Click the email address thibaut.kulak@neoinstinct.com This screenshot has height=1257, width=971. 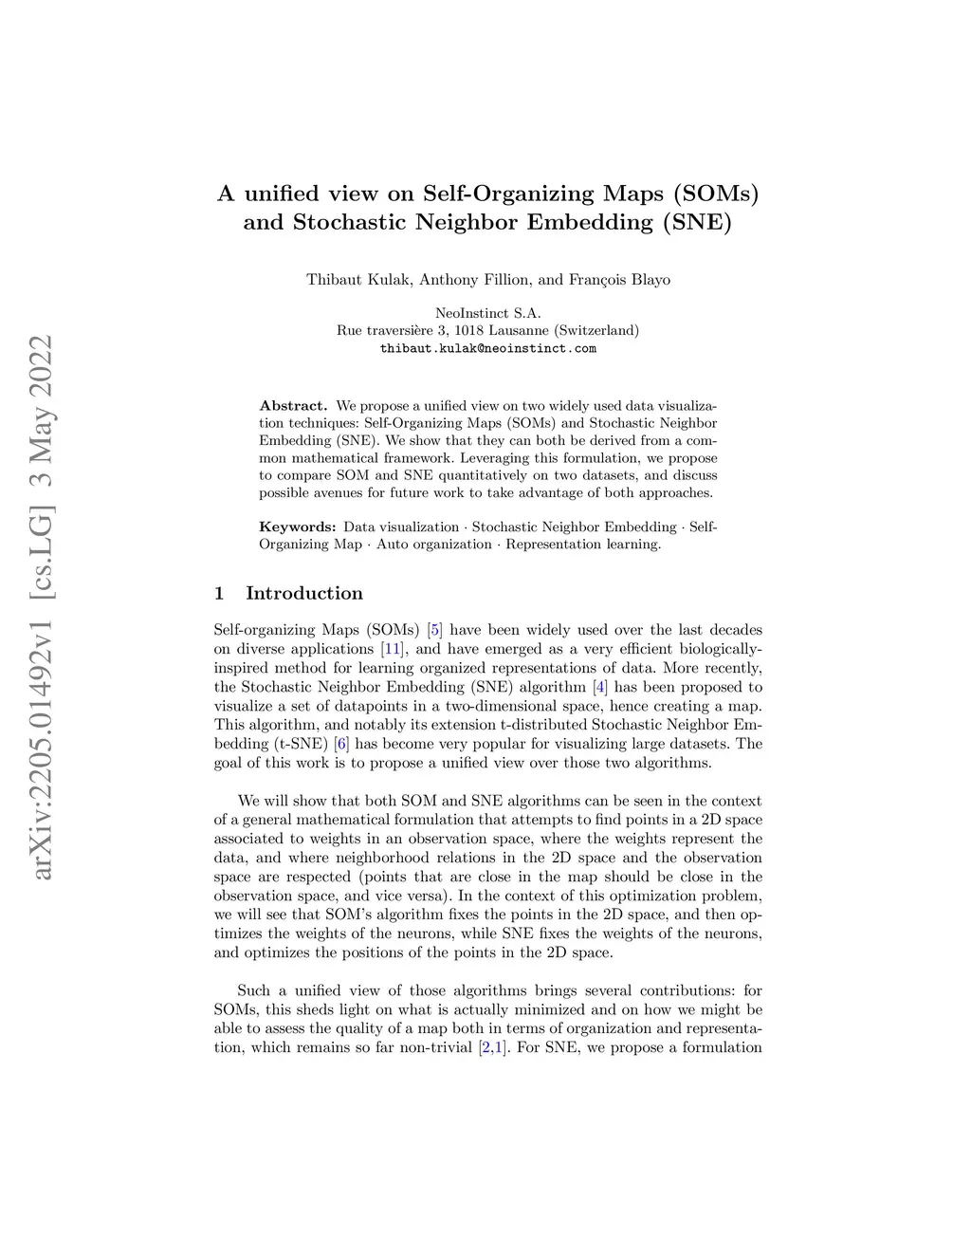[487, 348]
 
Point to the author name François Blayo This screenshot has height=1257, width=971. [619, 279]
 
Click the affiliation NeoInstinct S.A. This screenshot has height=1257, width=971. [487, 313]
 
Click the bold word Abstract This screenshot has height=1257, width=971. [293, 406]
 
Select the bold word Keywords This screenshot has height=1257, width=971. [298, 527]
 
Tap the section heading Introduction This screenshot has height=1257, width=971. [304, 593]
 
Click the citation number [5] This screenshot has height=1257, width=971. [435, 630]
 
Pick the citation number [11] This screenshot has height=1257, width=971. [391, 649]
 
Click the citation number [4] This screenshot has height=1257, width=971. [599, 687]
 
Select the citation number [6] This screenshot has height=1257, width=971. [341, 744]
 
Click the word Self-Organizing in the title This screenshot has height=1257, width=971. [508, 194]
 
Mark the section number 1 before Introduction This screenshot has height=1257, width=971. [219, 593]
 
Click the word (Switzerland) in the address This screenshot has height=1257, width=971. [596, 331]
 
